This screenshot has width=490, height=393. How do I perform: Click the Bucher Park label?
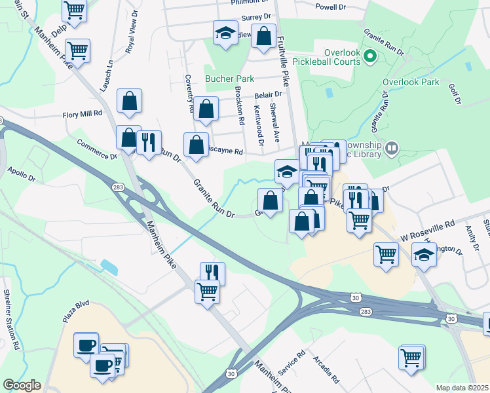229,79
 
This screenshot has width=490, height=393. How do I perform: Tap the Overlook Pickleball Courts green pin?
370,57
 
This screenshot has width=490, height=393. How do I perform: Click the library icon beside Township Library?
392,148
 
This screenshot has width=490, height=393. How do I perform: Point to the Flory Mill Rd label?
83,113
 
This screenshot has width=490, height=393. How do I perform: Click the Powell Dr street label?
330,7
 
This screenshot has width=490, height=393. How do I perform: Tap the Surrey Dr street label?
256,17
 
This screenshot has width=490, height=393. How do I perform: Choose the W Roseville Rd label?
428,229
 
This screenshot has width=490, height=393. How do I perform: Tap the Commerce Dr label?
96,150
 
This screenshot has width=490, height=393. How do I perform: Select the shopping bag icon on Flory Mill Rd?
130,101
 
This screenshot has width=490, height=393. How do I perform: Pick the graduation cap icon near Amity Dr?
424,255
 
